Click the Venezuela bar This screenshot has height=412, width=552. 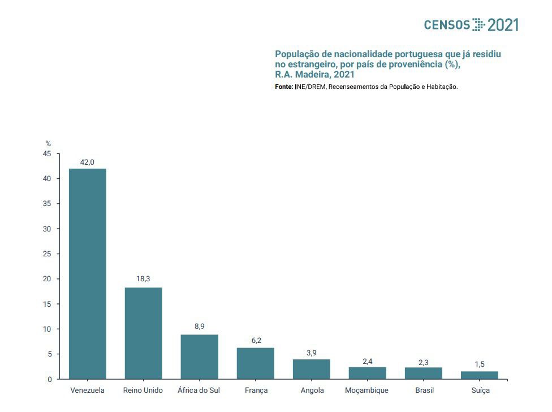pyautogui.click(x=87, y=273)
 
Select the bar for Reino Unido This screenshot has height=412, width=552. pyautogui.click(x=143, y=333)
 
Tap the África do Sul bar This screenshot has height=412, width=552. pyautogui.click(x=199, y=357)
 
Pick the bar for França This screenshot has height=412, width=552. pyautogui.click(x=255, y=363)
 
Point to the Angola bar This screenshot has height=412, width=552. pyautogui.click(x=311, y=369)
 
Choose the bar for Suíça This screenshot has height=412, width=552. pyautogui.click(x=479, y=375)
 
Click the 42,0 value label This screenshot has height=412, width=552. pyautogui.click(x=87, y=162)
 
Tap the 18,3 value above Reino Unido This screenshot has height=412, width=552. pyautogui.click(x=143, y=278)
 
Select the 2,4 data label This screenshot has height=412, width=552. pyautogui.click(x=367, y=360)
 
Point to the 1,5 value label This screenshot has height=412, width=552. pyautogui.click(x=479, y=364)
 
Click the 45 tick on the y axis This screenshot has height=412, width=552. pyautogui.click(x=47, y=154)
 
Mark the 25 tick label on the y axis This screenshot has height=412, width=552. pyautogui.click(x=47, y=254)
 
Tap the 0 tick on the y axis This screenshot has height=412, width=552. pyautogui.click(x=49, y=379)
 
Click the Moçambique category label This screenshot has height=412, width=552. pyautogui.click(x=366, y=390)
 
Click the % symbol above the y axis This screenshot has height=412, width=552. pyautogui.click(x=48, y=144)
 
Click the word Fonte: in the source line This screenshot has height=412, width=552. pyautogui.click(x=284, y=87)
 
